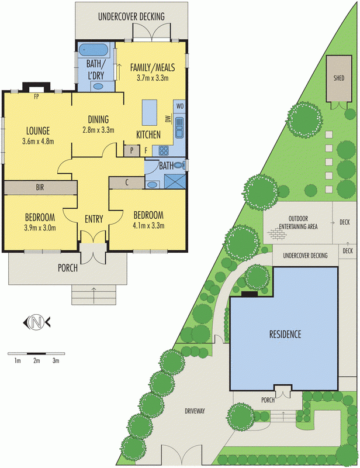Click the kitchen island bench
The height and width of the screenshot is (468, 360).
[150, 112]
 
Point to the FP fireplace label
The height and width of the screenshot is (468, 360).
[36, 95]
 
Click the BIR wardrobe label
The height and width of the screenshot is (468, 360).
[40, 188]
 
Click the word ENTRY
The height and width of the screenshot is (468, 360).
[94, 219]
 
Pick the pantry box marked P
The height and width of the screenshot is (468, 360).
[131, 150]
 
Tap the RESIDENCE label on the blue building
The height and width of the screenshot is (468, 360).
[285, 335]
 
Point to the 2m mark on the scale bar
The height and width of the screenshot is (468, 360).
[36, 361]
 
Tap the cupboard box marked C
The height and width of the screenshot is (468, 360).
[127, 183]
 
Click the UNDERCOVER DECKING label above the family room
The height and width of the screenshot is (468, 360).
[131, 16]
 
